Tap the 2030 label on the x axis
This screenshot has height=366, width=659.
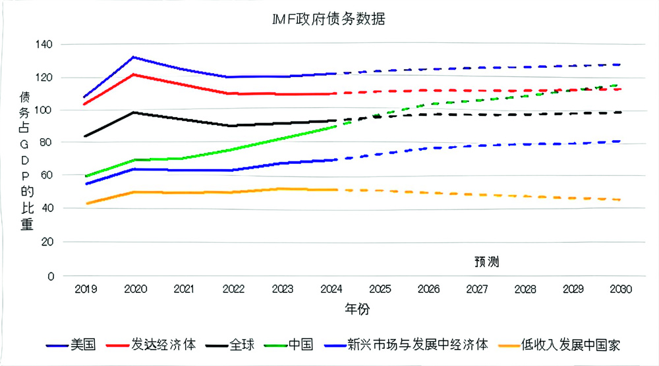pos(620,289)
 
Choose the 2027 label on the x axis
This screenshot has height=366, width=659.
pos(476,289)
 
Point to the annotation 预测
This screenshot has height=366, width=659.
pos(486,261)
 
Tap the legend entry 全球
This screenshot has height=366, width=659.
pos(240,344)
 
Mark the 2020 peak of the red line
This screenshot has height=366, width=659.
pos(134,74)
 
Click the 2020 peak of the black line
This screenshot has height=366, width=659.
pos(134,113)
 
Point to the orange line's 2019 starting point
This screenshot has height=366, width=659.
pos(86,203)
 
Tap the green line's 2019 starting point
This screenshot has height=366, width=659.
pos(86,176)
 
